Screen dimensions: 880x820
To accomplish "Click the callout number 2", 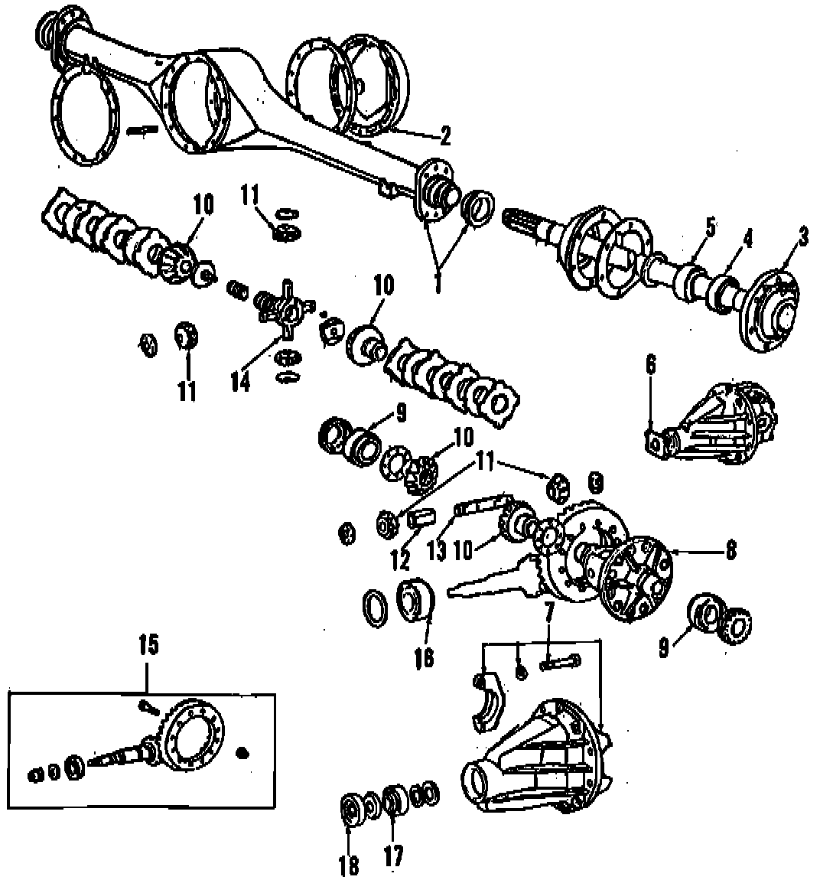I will coord(444,135).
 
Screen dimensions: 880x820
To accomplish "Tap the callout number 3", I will coord(801,238).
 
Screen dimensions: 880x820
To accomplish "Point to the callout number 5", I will coord(710,227).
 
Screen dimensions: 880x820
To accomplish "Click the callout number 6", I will coord(650,365).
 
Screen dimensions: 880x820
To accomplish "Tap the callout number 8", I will coord(730,549).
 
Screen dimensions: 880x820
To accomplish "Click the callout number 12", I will coord(400,560).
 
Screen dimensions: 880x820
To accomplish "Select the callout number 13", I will coord(437,551).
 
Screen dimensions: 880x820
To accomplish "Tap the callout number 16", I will coord(424,657).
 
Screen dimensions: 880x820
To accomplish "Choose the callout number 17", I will coord(394,856).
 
